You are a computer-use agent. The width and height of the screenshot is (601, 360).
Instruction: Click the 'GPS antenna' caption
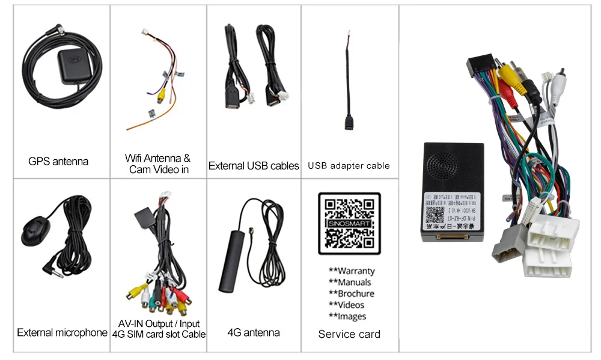(58, 161)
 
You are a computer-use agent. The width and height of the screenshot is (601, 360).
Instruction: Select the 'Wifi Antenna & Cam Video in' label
(157, 163)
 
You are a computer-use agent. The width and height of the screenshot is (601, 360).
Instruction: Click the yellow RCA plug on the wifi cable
(160, 94)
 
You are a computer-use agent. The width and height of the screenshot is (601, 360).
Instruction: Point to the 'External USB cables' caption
(254, 165)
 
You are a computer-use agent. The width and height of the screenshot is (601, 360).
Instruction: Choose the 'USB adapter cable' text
(349, 165)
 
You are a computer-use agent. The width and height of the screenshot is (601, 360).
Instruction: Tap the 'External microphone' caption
(62, 332)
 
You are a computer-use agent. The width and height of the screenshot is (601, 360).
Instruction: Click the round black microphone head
(37, 231)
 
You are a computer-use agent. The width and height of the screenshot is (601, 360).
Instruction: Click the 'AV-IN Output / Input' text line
(159, 323)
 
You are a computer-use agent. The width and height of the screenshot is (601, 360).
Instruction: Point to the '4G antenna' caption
(254, 332)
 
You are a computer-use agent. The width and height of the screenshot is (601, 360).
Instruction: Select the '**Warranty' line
(352, 271)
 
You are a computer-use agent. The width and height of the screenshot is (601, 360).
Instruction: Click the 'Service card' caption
(349, 334)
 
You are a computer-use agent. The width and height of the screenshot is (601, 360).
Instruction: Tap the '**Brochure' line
(352, 293)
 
